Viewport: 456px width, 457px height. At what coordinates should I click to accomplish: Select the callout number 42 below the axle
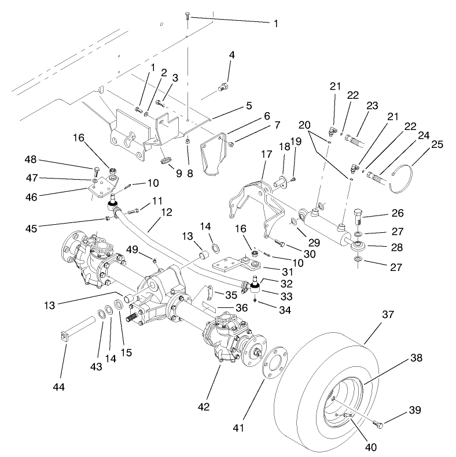pyautogui.click(x=204, y=407)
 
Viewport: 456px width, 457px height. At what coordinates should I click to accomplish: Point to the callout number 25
pyautogui.click(x=437, y=144)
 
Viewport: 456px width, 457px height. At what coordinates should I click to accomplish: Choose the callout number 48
pyautogui.click(x=32, y=158)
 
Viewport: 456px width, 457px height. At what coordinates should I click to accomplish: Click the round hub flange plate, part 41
pyautogui.click(x=271, y=362)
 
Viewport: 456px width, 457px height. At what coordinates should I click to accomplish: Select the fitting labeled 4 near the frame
pyautogui.click(x=222, y=88)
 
